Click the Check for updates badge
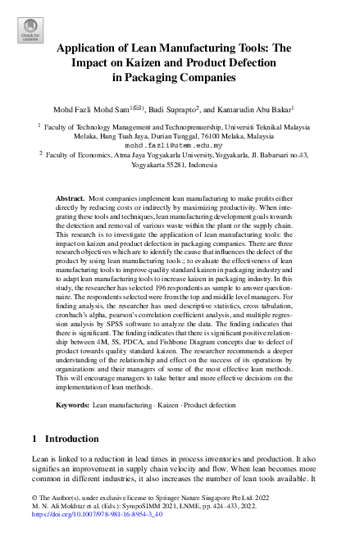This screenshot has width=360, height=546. (30, 30)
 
